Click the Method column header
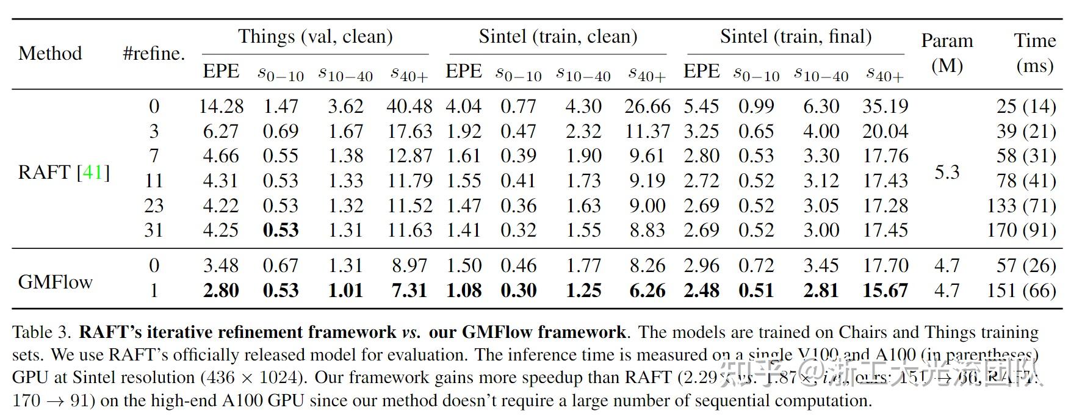tap(50, 53)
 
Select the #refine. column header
tap(153, 53)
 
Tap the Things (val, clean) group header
tap(315, 37)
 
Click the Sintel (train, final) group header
tap(795, 37)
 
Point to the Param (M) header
tap(947, 53)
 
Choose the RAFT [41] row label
tap(63, 172)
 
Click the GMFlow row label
tap(55, 282)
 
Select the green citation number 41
tap(92, 172)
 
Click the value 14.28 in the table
tap(221, 106)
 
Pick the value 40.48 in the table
tap(409, 106)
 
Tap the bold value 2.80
tap(221, 290)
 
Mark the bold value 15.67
tap(885, 290)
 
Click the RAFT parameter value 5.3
tap(947, 172)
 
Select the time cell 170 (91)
tap(1021, 230)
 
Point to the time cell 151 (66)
tap(1021, 290)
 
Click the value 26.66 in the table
tap(647, 106)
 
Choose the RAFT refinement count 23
tap(154, 206)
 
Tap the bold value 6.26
tap(647, 290)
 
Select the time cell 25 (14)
tap(1026, 106)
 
